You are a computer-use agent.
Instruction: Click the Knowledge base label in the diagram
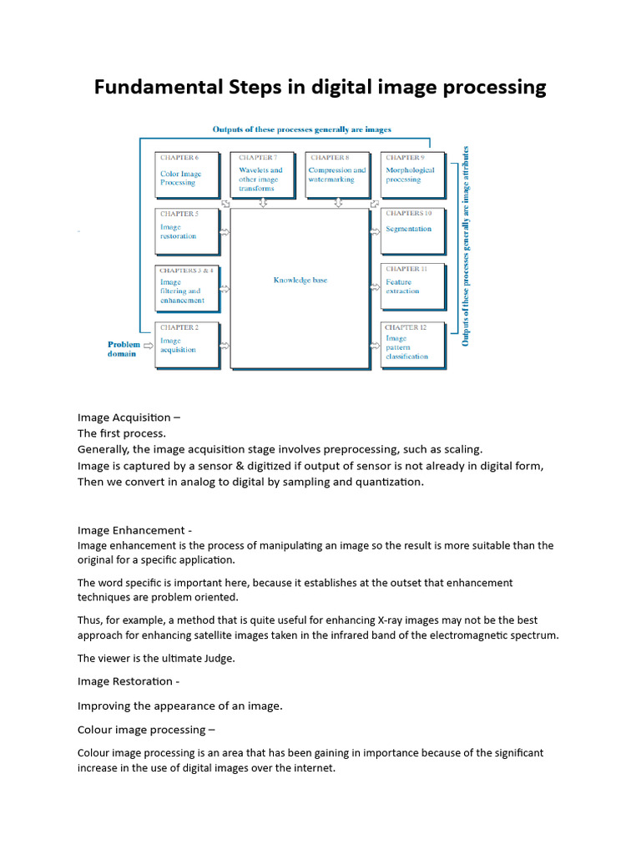pyautogui.click(x=300, y=281)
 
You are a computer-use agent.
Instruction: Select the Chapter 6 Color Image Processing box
pyautogui.click(x=187, y=174)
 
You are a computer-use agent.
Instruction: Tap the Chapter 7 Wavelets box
pyautogui.click(x=262, y=174)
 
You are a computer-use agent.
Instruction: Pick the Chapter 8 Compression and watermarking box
pyautogui.click(x=337, y=174)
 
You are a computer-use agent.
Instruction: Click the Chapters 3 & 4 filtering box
pyautogui.click(x=187, y=286)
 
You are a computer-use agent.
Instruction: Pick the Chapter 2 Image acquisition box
pyautogui.click(x=187, y=344)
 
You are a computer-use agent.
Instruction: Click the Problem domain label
pyautogui.click(x=124, y=349)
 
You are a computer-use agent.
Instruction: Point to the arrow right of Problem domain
pyautogui.click(x=149, y=344)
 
